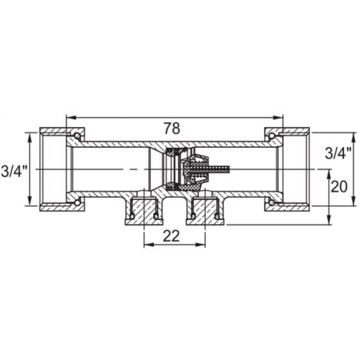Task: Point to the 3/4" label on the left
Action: coord(15,169)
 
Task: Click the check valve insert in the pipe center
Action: coord(182,169)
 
